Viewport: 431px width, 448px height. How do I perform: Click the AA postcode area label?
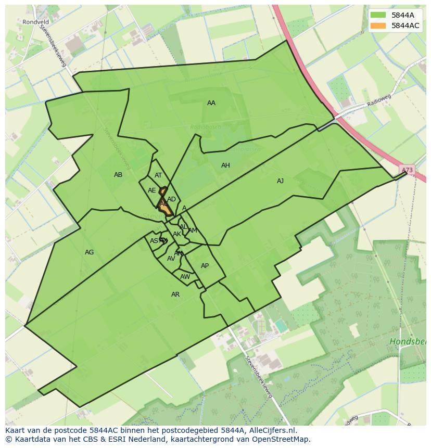(211, 103)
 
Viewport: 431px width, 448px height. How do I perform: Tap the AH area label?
(225, 165)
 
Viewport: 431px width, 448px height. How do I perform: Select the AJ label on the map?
(280, 181)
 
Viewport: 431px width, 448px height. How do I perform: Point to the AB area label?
(118, 175)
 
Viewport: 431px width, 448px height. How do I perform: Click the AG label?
(89, 252)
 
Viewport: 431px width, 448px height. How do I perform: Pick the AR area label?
(175, 295)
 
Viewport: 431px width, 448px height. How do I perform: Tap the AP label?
(205, 266)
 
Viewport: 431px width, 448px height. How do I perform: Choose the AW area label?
(185, 277)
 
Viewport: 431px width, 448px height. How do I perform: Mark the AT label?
(158, 175)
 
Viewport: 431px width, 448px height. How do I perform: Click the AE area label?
(151, 190)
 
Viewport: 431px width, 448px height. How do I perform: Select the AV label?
(171, 259)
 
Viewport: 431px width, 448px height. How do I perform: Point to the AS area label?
(154, 241)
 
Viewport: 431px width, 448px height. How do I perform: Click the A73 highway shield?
(407, 170)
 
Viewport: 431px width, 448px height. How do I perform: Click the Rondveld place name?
(35, 22)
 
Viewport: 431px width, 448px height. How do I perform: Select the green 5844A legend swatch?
(378, 15)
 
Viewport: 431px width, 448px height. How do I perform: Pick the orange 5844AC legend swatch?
(378, 25)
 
